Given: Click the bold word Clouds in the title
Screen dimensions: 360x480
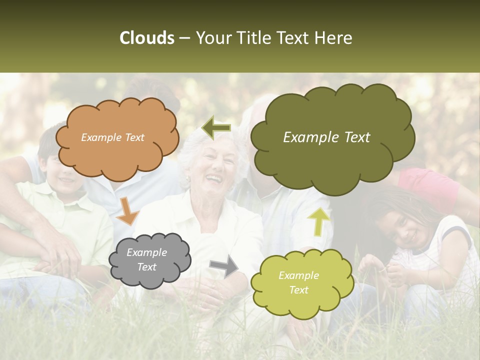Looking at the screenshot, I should pyautogui.click(x=147, y=38).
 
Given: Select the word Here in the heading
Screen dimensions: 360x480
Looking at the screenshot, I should pyautogui.click(x=335, y=38).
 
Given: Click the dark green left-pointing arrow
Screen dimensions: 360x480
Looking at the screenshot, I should pyautogui.click(x=216, y=127).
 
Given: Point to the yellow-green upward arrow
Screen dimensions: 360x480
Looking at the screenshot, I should pyautogui.click(x=318, y=221).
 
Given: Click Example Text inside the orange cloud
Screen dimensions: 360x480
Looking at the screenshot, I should pyautogui.click(x=112, y=137).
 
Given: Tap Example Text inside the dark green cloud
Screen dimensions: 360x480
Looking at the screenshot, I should pyautogui.click(x=326, y=137).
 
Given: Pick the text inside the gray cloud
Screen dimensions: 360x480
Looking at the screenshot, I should pyautogui.click(x=146, y=259).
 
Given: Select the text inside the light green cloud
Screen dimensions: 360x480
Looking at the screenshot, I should pyautogui.click(x=298, y=282).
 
